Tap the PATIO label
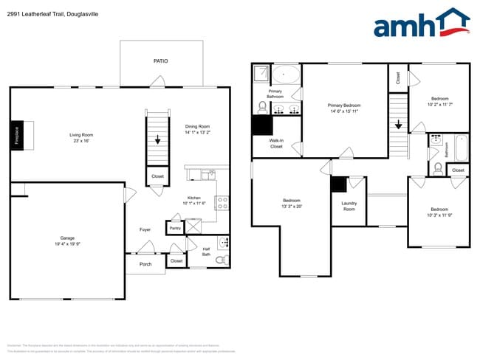click(x=160, y=61)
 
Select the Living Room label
click(x=81, y=138)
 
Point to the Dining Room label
click(x=198, y=130)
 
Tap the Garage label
click(x=67, y=240)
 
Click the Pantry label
click(x=175, y=229)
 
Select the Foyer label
click(x=145, y=229)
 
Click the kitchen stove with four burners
click(x=222, y=201)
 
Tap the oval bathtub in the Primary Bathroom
click(x=287, y=75)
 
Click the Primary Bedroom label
click(x=344, y=108)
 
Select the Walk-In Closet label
click(x=276, y=143)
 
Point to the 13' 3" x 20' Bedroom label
click(x=291, y=204)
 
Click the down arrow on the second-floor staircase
click(x=399, y=125)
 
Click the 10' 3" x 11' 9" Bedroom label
click(x=439, y=212)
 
